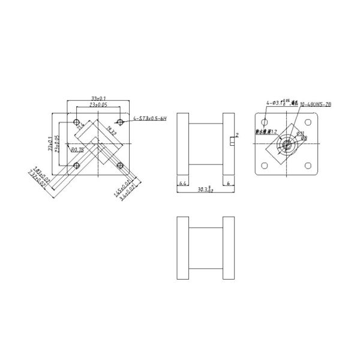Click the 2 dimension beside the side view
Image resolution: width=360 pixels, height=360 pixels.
coord(238,136)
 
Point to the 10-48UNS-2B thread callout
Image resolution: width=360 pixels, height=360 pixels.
coord(316,104)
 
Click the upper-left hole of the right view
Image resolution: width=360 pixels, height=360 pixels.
coord(264,122)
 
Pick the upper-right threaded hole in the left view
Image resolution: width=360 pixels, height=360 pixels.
coord(121,122)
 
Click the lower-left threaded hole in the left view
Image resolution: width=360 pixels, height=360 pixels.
coord(76,165)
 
